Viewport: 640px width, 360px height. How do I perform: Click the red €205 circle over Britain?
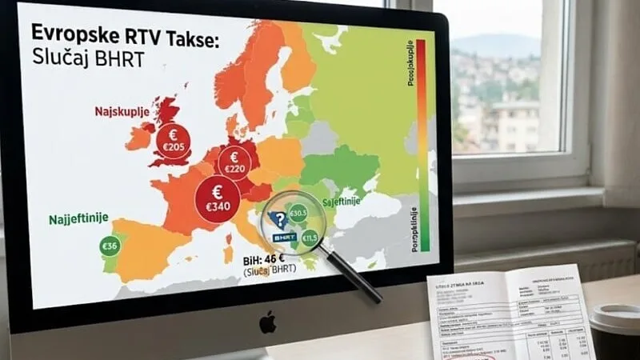pos(173,142)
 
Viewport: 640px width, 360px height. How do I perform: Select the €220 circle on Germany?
pos(234,163)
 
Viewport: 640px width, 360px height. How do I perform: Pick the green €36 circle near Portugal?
pos(110,246)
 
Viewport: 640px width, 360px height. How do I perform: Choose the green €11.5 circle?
pos(310,238)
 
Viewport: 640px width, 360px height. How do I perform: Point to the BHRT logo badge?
pos(284,238)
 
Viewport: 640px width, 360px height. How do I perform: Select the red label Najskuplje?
pos(122,114)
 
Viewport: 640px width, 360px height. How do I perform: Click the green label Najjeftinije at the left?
pos(78,218)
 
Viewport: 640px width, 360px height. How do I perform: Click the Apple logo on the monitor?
pos(267,322)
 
